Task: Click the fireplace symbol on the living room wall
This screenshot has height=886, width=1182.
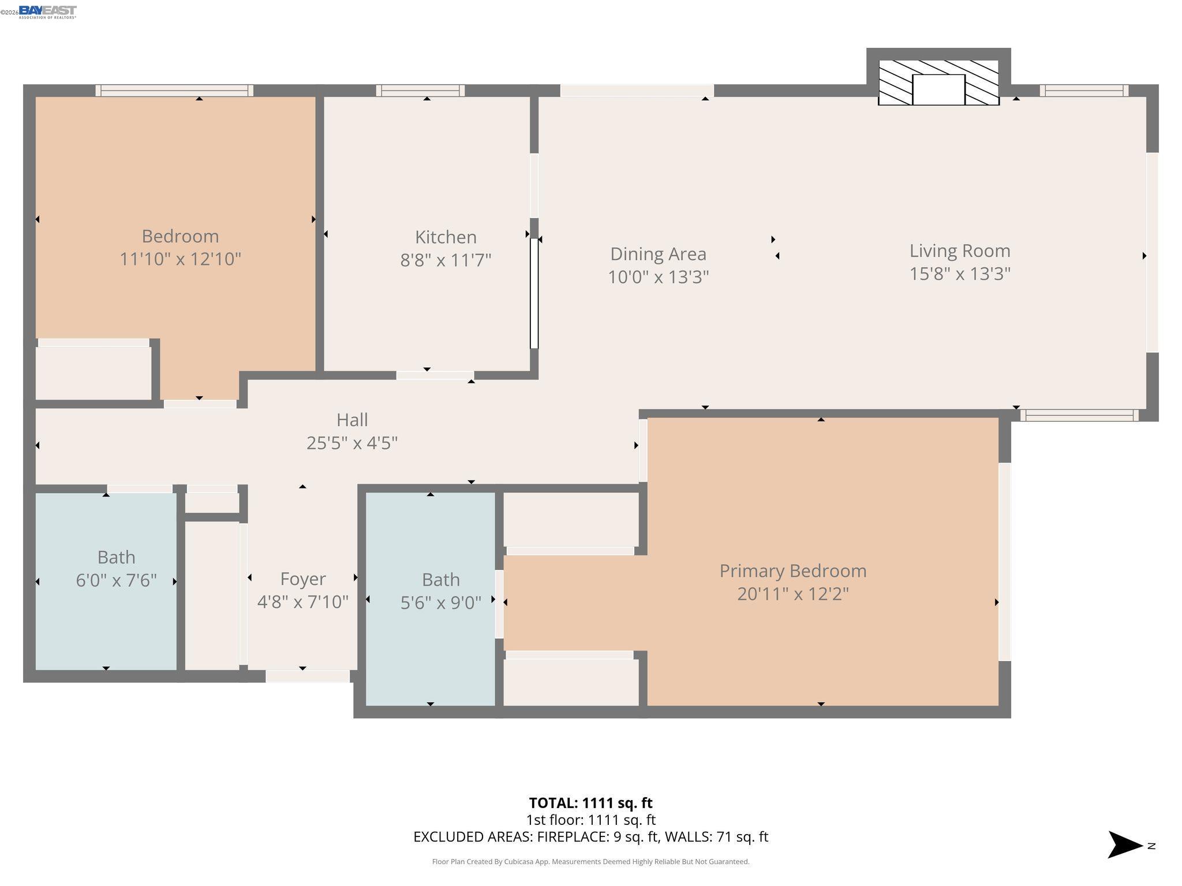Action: tap(938, 83)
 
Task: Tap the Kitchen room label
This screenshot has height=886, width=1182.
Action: tap(446, 237)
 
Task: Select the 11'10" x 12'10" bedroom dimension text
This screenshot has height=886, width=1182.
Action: tap(180, 259)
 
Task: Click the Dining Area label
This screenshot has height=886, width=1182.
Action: tap(658, 254)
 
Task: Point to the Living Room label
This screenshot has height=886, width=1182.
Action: tap(959, 251)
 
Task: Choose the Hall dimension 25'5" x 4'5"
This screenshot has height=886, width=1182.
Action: tap(352, 443)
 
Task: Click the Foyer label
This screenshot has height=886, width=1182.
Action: tap(302, 579)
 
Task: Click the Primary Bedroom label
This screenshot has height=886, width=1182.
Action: tap(792, 571)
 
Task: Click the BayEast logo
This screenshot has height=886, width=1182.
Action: tap(47, 12)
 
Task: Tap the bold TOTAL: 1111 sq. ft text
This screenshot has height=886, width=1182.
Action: tap(590, 803)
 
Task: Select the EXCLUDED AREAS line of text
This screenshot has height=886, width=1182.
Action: tap(590, 837)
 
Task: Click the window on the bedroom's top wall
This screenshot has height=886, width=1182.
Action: tap(174, 91)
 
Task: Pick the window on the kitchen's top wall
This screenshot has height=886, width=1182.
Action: tap(420, 91)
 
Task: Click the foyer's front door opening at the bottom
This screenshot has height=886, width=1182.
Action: tap(308, 676)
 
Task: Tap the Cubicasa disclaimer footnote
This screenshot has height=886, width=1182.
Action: tap(590, 862)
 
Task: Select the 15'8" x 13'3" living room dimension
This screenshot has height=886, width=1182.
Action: tap(959, 273)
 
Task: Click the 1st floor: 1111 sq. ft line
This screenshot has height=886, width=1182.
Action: tap(590, 820)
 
